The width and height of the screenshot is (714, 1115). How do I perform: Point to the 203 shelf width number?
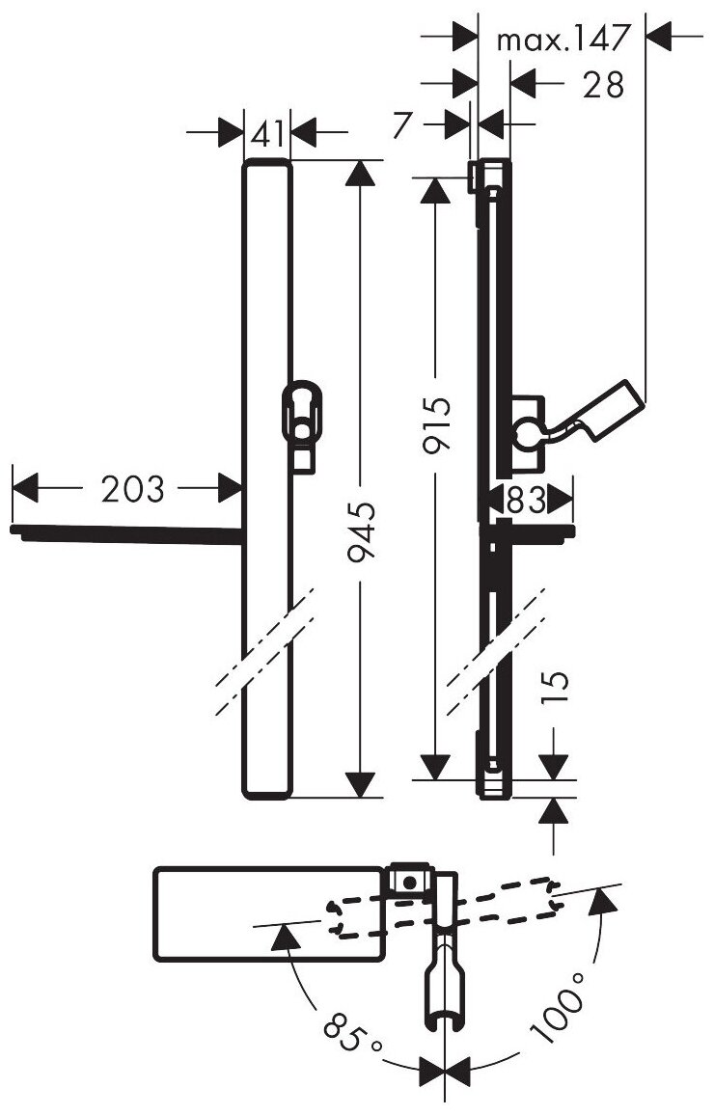[x=132, y=489]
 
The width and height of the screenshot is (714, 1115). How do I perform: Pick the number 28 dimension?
[x=604, y=84]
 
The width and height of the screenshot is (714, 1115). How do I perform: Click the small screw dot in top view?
[x=410, y=881]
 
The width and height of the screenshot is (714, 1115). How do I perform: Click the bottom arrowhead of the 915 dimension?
[x=437, y=767]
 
